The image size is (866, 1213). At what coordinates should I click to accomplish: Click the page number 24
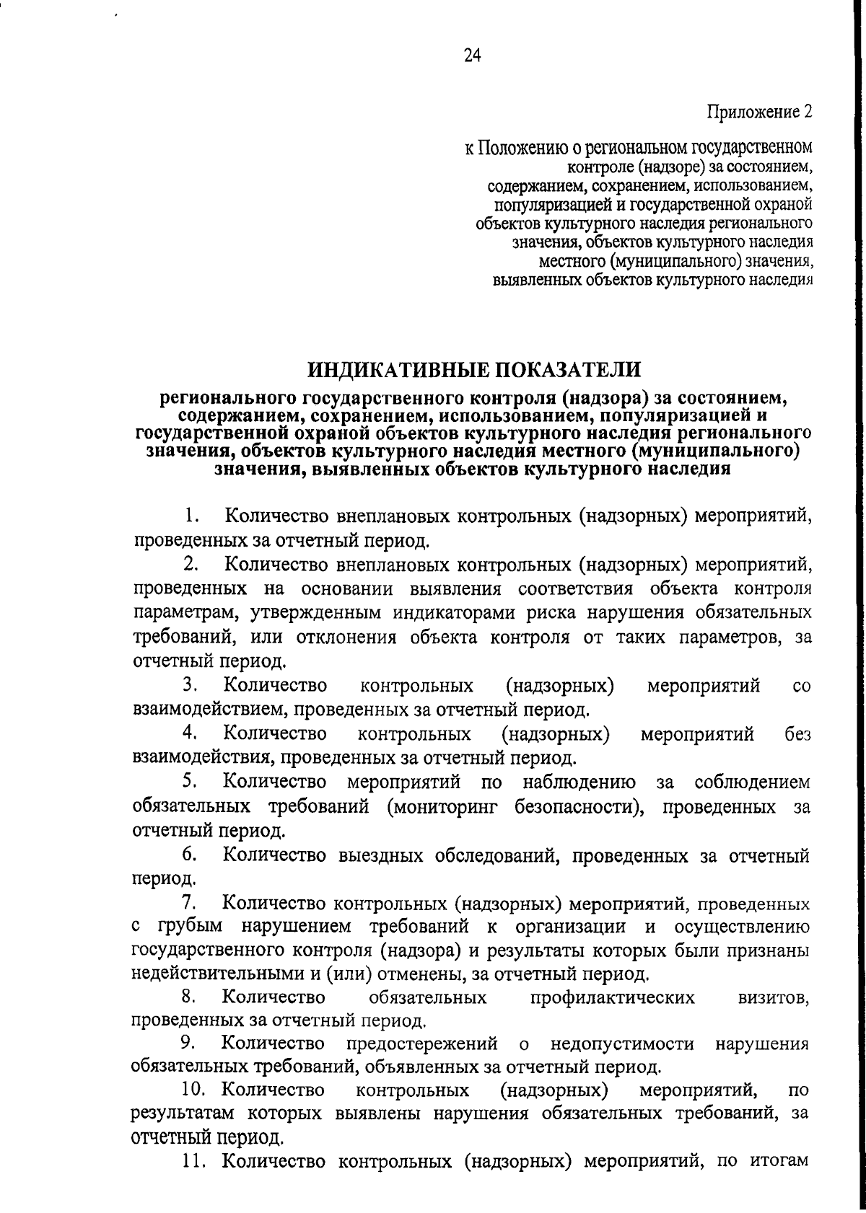(473, 57)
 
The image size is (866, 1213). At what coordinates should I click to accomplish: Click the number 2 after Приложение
(808, 113)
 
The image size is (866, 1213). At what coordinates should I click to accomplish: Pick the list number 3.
(190, 684)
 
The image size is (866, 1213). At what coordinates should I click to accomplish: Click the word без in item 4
(797, 734)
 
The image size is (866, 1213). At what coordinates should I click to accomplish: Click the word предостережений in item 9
(422, 1044)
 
